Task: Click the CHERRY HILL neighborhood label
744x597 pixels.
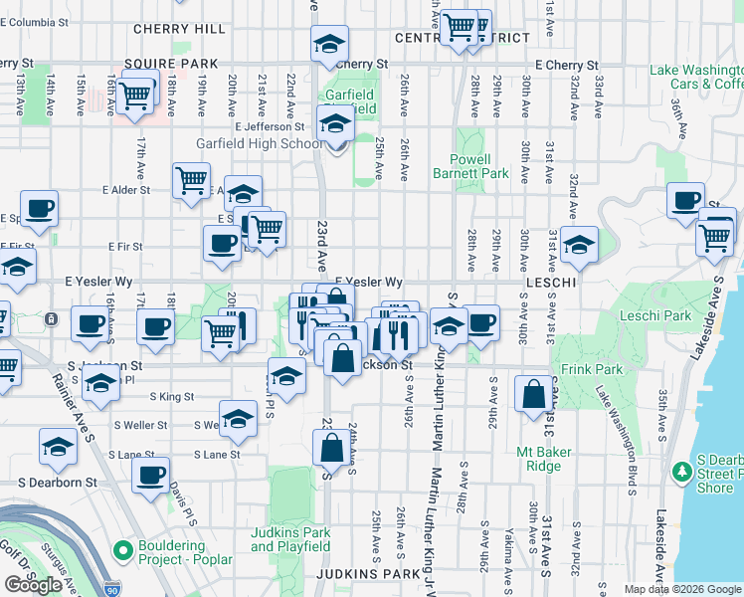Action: click(x=173, y=30)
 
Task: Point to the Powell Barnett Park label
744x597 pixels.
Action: click(x=470, y=166)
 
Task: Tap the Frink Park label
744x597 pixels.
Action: click(x=624, y=369)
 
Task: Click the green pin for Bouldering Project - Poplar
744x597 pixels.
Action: click(x=122, y=549)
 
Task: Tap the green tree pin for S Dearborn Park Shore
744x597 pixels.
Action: click(x=681, y=471)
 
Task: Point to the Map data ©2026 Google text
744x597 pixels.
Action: click(x=682, y=589)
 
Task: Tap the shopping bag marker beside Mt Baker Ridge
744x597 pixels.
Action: click(x=533, y=393)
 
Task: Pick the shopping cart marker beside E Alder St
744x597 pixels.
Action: click(x=191, y=180)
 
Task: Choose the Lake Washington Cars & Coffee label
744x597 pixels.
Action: click(x=695, y=77)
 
